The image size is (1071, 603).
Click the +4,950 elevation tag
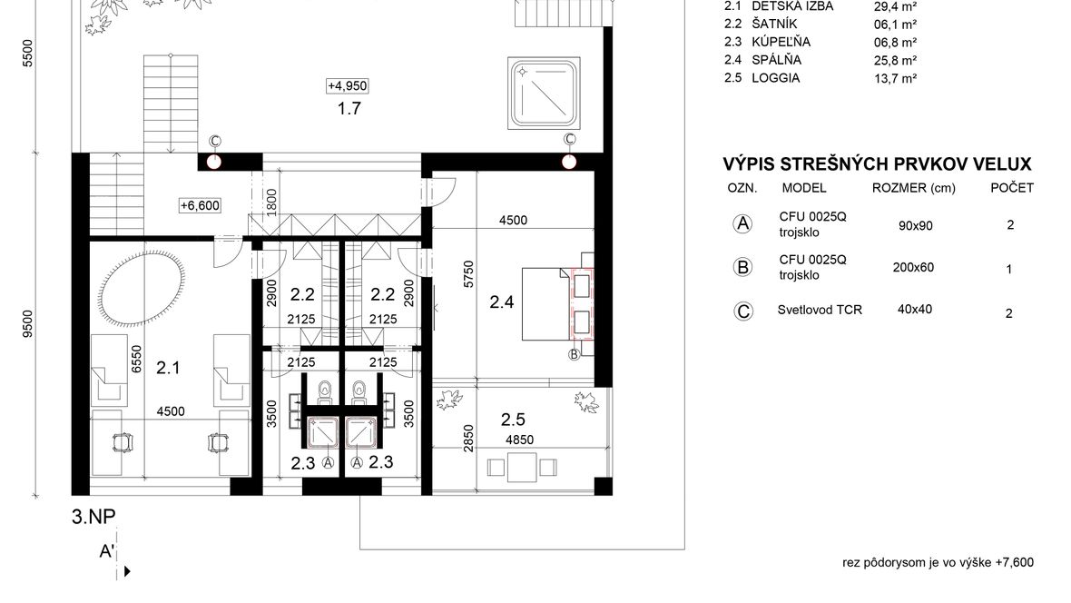(348, 85)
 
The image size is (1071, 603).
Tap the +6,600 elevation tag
(200, 205)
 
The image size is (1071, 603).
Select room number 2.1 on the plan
(168, 368)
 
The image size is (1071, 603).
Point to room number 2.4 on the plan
(501, 301)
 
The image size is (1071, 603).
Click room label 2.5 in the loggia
(513, 419)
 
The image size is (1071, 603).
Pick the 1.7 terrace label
(349, 108)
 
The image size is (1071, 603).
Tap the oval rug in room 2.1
(142, 289)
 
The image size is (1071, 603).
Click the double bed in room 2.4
(557, 303)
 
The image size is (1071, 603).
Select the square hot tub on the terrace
(544, 94)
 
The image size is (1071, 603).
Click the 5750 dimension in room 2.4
(468, 273)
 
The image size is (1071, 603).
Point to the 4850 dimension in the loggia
(519, 440)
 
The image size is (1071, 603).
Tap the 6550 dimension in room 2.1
(136, 359)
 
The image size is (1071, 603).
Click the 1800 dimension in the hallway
(272, 203)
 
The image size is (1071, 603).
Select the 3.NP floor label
(93, 516)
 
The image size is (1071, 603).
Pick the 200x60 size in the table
(913, 267)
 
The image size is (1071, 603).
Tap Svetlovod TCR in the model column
(820, 310)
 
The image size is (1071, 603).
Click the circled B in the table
(742, 267)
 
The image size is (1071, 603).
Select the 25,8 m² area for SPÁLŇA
(896, 60)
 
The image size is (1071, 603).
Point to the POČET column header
(1012, 187)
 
